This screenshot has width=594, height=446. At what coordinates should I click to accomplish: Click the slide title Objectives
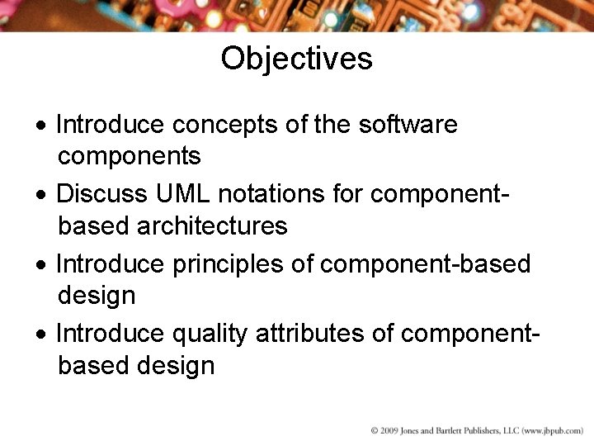(296, 59)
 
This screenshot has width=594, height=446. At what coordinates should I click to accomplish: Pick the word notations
(276, 194)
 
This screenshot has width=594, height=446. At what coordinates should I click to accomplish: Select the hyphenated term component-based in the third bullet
(425, 263)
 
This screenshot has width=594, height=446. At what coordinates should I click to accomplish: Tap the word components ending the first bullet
(130, 156)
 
